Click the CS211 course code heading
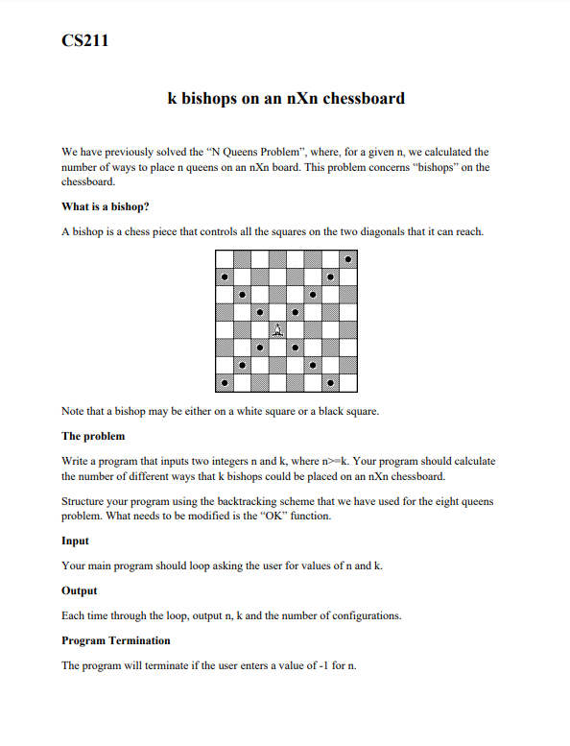pyautogui.click(x=84, y=41)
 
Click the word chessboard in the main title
pyautogui.click(x=358, y=98)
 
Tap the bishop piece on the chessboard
pyautogui.click(x=277, y=329)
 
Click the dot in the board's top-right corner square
pyautogui.click(x=347, y=259)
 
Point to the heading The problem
pyautogui.click(x=93, y=437)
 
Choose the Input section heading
pyautogui.click(x=76, y=541)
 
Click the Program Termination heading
pyautogui.click(x=116, y=640)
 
